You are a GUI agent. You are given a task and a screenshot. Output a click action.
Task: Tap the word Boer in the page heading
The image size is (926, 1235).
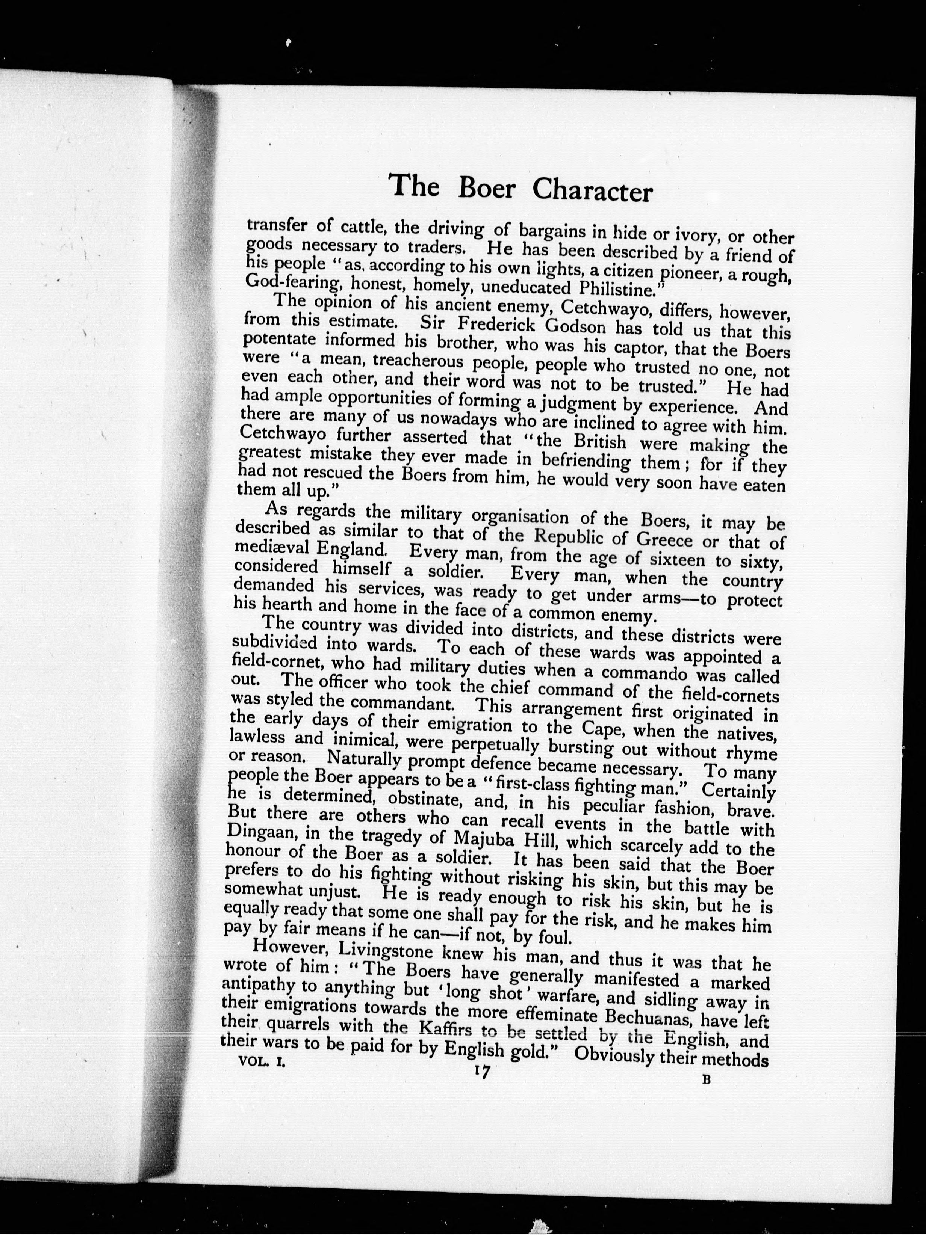point(486,188)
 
